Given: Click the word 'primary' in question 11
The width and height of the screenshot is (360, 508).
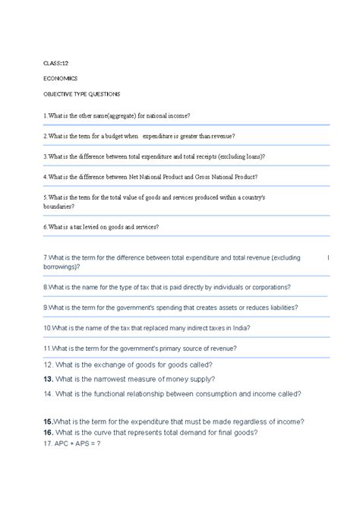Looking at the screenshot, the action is (x=175, y=348).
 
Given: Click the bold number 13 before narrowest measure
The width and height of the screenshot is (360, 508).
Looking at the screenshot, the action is (x=47, y=379).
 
